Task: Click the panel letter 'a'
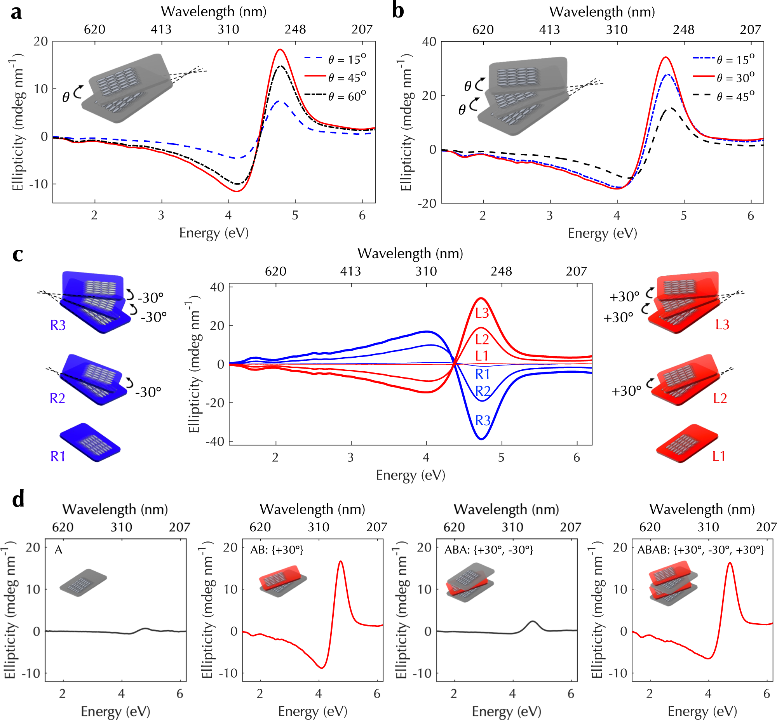pyautogui.click(x=16, y=12)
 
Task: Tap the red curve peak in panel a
pyautogui.click(x=280, y=50)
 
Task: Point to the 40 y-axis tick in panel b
pyautogui.click(x=429, y=42)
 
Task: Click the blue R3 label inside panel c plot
pyautogui.click(x=483, y=421)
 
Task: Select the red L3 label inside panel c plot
pyautogui.click(x=482, y=313)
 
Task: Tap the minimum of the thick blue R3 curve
pyautogui.click(x=482, y=439)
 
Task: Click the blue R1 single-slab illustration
pyautogui.click(x=90, y=443)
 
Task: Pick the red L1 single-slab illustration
pyautogui.click(x=686, y=443)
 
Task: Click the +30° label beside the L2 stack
pyautogui.click(x=626, y=391)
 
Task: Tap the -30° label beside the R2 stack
pyautogui.click(x=148, y=392)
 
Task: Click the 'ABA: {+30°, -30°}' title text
pyautogui.click(x=489, y=550)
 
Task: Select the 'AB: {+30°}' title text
pyautogui.click(x=277, y=550)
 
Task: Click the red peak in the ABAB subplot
pyautogui.click(x=730, y=563)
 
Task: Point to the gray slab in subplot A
pyautogui.click(x=83, y=583)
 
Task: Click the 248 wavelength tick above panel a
pyautogui.click(x=295, y=30)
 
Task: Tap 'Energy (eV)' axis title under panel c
pyautogui.click(x=410, y=475)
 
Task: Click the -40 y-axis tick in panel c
pyautogui.click(x=217, y=442)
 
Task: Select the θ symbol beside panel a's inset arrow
pyautogui.click(x=66, y=97)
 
